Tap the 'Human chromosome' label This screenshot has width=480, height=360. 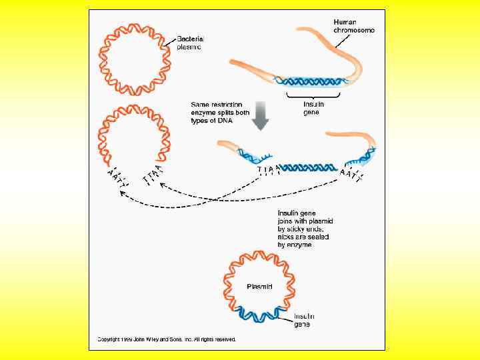(353, 26)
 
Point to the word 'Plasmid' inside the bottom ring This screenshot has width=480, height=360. (259, 287)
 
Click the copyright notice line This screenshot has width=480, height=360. (167, 339)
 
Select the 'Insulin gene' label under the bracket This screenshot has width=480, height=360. (312, 108)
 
